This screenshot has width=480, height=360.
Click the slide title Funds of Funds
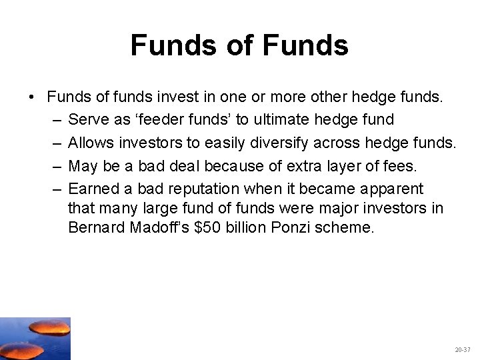pyautogui.click(x=239, y=45)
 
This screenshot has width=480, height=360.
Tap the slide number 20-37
pyautogui.click(x=462, y=349)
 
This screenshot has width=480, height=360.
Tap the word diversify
pyautogui.click(x=263, y=143)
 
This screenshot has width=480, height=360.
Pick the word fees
pyautogui.click(x=400, y=165)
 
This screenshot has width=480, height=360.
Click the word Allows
pyautogui.click(x=91, y=143)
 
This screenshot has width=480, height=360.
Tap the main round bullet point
pyautogui.click(x=32, y=97)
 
